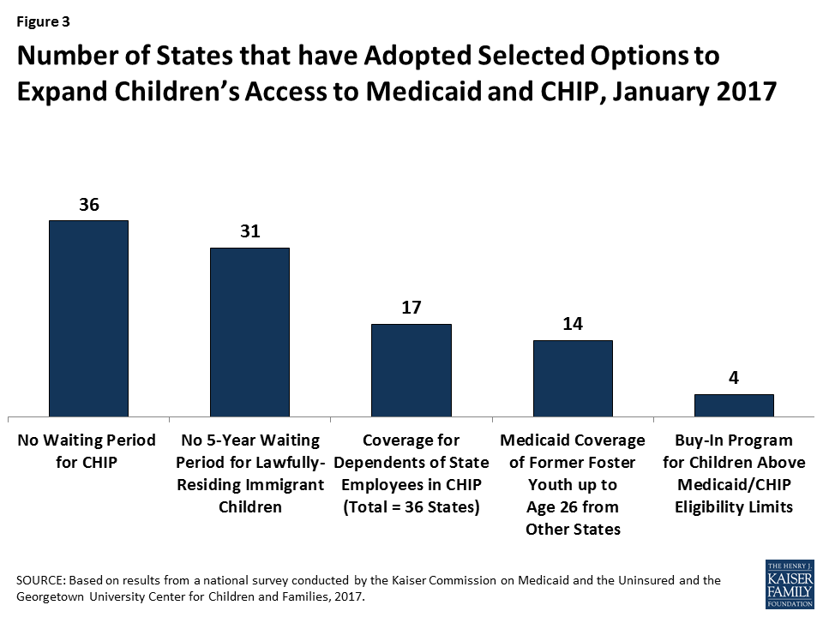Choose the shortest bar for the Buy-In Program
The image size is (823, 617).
(734, 405)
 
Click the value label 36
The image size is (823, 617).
(89, 205)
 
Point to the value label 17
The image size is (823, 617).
(411, 308)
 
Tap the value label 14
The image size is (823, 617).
(573, 324)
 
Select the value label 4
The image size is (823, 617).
(734, 378)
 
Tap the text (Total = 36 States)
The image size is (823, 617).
(411, 506)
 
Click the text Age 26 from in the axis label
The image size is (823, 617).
(573, 506)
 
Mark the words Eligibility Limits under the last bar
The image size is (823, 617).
(734, 506)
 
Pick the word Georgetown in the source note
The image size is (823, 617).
(56, 596)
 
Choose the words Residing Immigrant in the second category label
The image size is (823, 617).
(249, 484)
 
